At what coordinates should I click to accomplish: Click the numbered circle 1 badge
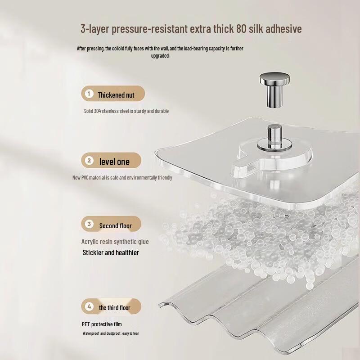tap(89, 94)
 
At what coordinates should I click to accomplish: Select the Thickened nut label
tap(116, 95)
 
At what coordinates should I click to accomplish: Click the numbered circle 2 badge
tap(89, 161)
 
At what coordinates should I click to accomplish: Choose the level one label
tap(114, 162)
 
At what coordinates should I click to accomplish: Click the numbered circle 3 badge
tap(89, 224)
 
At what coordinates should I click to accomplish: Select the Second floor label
tap(116, 225)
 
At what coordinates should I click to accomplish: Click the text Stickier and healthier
tap(111, 252)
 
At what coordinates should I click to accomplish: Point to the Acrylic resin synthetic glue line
tap(115, 242)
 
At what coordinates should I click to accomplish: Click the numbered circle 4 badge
tap(89, 306)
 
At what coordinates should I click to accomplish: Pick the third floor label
tap(114, 308)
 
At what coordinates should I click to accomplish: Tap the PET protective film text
tap(102, 324)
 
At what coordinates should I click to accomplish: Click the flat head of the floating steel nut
tap(274, 80)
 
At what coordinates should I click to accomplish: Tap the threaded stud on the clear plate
tap(274, 133)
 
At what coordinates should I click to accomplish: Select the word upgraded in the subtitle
tap(160, 56)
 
